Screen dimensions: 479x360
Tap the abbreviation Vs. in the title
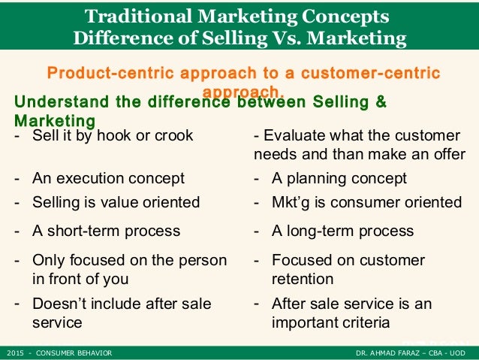click(x=294, y=38)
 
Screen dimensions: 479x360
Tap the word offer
click(x=447, y=154)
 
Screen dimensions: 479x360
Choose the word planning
click(x=318, y=179)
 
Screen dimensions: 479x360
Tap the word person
click(x=203, y=261)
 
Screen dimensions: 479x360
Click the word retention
click(x=302, y=280)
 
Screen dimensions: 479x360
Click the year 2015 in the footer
click(x=14, y=352)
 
